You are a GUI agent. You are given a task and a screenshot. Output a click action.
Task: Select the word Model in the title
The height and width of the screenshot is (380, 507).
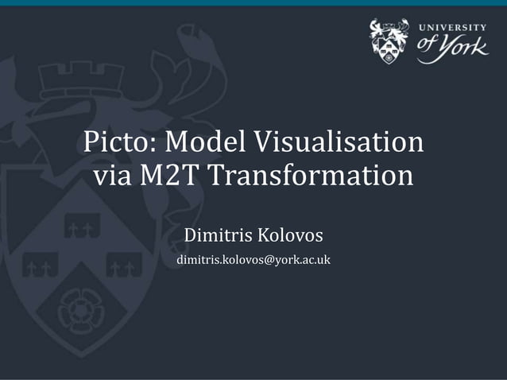point(209,144)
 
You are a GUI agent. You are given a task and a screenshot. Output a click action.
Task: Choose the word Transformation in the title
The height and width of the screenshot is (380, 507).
point(311,176)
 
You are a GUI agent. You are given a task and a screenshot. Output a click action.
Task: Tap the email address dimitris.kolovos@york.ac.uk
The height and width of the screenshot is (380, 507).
point(253,260)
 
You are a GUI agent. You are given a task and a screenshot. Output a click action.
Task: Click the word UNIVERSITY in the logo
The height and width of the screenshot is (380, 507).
point(453,28)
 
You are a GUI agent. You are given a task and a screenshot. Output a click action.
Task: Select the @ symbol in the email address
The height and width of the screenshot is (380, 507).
point(268,261)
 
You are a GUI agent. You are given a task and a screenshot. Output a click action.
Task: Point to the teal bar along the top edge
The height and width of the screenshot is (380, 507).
point(253,3)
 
